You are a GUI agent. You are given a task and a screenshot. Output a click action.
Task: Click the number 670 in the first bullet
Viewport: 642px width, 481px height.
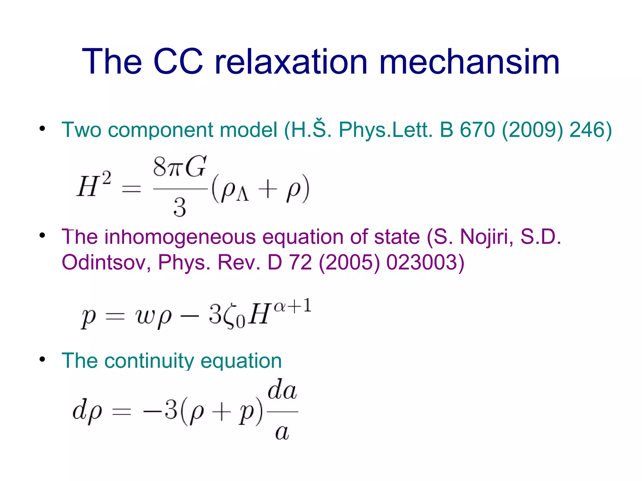477,130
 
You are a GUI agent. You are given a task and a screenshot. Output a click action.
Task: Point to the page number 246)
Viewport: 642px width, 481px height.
591,130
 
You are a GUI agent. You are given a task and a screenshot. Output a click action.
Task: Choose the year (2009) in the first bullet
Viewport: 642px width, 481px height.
532,130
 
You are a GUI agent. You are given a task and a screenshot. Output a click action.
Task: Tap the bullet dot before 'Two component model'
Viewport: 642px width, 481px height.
42,128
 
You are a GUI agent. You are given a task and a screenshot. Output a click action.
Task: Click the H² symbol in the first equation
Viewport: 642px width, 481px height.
94,185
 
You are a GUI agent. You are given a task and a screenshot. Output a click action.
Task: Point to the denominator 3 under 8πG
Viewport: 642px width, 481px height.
180,207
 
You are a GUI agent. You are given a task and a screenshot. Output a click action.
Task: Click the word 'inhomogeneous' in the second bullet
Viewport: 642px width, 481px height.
180,237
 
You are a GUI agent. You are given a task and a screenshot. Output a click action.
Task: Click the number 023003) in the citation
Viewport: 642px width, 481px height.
425,262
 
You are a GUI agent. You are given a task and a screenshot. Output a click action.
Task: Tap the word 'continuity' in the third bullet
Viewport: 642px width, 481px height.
149,361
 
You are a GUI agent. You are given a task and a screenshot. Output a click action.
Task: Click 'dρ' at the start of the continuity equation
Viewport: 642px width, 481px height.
87,411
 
